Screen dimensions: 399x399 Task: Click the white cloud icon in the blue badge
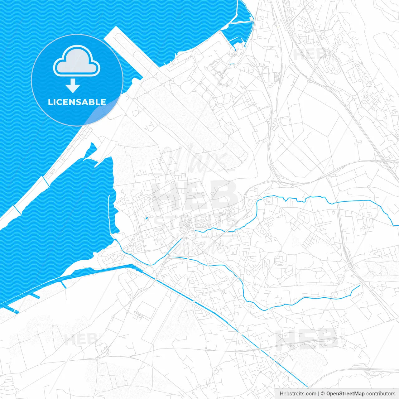77,61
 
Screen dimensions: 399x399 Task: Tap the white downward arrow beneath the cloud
73,86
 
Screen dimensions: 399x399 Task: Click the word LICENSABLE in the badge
77,102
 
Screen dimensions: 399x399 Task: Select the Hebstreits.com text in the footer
298,393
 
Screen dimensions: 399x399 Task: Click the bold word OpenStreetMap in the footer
345,393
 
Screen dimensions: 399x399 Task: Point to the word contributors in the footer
381,393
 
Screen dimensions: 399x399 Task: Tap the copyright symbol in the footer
323,393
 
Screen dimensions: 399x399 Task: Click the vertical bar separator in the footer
319,393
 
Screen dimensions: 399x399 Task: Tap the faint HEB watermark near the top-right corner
307,55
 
